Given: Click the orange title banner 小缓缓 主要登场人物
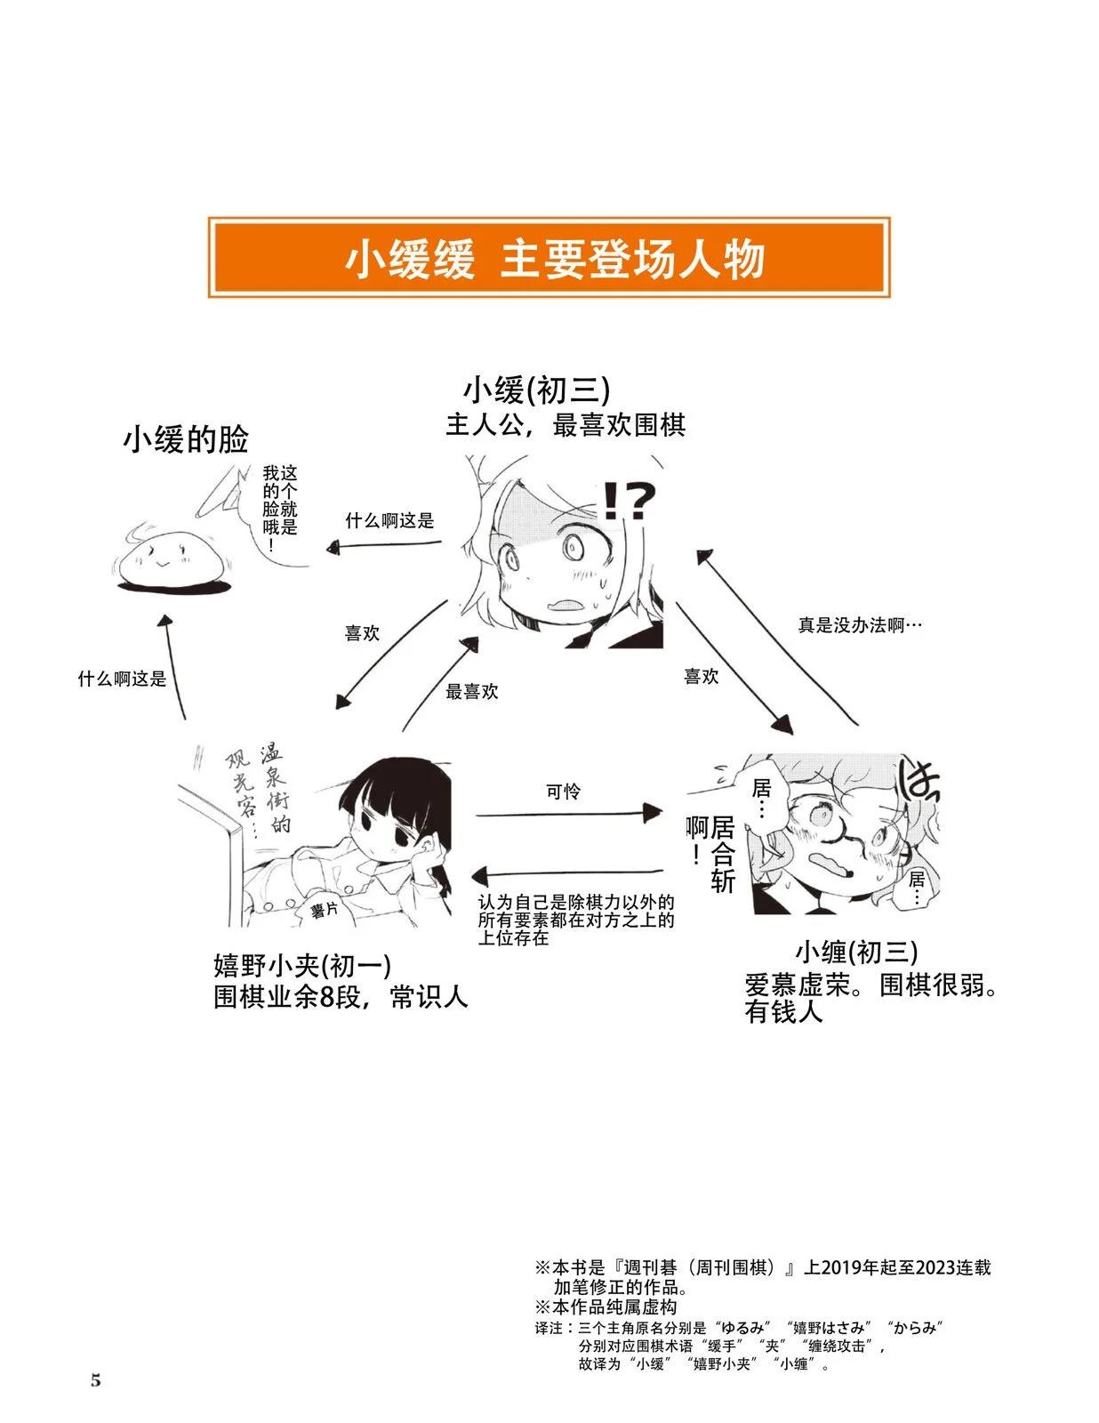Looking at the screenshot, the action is tap(549, 257).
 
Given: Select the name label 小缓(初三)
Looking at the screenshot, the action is tap(537, 391).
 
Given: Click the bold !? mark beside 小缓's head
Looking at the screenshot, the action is tap(629, 501).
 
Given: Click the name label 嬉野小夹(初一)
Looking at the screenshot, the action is tap(302, 965).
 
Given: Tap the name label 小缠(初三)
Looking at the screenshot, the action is tap(856, 953).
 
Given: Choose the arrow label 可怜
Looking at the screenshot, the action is tap(563, 791).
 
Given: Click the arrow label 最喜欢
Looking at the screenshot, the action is tap(471, 692).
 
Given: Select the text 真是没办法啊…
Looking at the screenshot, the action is tap(860, 625).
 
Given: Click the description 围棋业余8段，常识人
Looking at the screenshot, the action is tap(341, 997).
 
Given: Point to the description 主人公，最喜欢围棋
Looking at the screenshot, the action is tap(566, 425).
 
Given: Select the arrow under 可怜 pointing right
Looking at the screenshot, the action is tap(569, 814).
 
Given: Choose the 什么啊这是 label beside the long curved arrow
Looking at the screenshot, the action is tap(123, 679).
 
